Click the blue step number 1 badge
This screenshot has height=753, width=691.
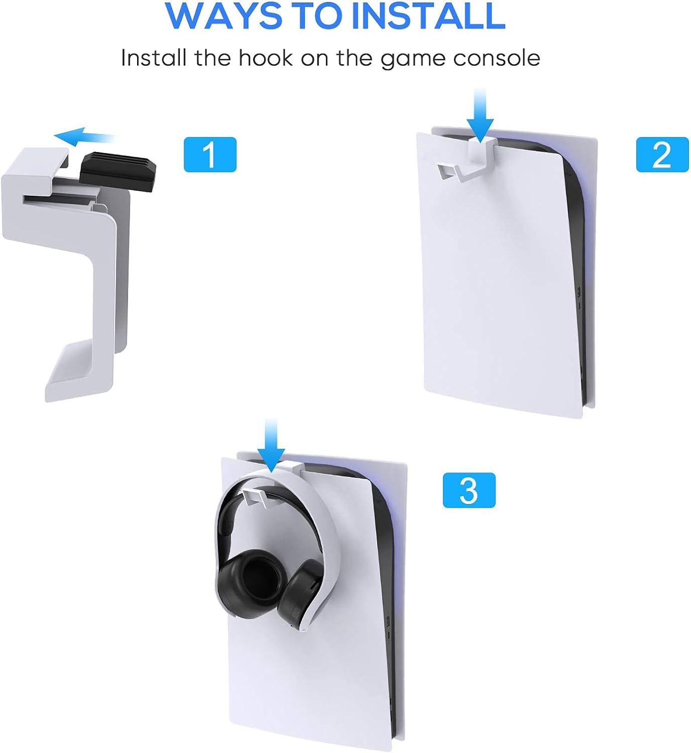tap(210, 155)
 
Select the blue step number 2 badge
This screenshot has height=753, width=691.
tap(662, 155)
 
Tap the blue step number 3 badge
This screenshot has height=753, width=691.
tap(469, 490)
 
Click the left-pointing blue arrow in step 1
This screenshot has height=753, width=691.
tap(83, 136)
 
